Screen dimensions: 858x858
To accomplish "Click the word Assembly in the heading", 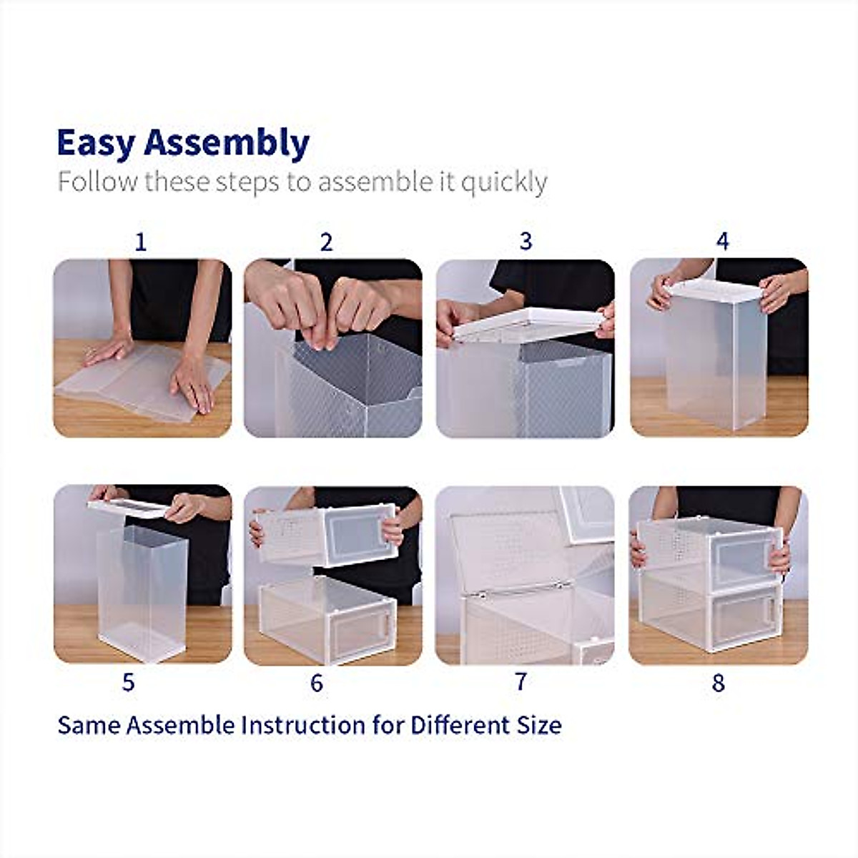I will [227, 143].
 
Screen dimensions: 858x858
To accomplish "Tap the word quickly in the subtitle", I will [504, 182].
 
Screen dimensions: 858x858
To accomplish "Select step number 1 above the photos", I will [140, 242].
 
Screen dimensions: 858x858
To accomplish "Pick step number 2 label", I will [326, 242].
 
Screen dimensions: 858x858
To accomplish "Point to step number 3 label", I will [526, 242].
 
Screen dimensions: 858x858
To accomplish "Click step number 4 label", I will [722, 242].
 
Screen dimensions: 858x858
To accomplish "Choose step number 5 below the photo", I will [128, 683].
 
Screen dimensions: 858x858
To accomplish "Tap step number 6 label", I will [317, 684].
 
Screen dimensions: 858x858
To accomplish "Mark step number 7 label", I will [521, 682].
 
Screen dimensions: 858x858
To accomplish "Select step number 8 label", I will [718, 684].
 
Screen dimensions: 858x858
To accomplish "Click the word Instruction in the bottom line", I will [303, 725].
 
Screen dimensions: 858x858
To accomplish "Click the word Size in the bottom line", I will [539, 725].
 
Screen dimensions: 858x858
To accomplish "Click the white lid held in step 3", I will [526, 324].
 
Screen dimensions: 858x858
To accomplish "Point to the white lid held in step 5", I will [129, 508].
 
